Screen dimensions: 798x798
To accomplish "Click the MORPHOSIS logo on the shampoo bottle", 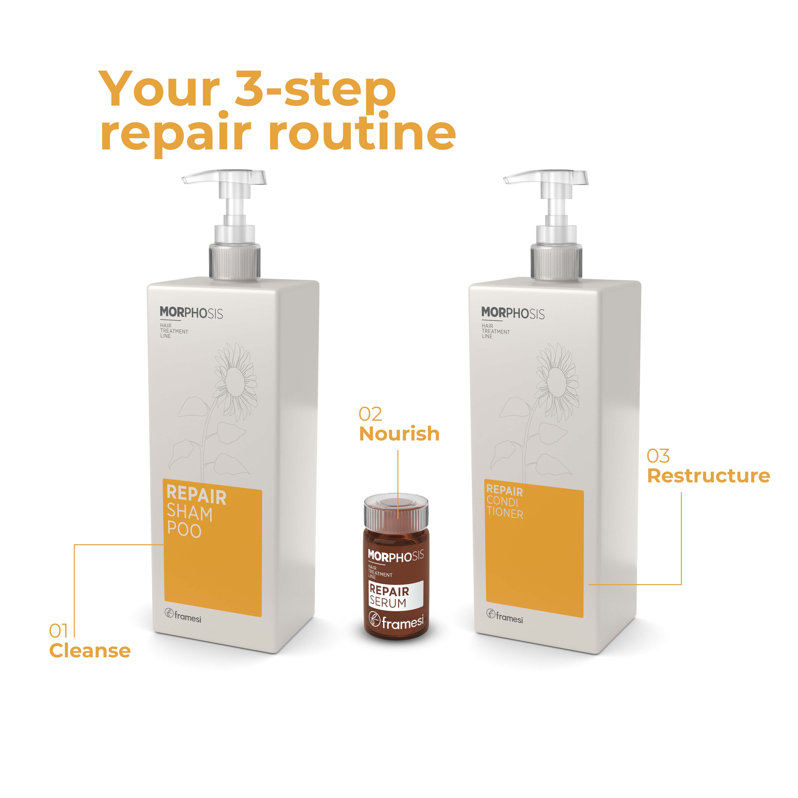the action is (x=191, y=313).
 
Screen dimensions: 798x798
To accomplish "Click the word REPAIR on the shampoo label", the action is (x=197, y=495).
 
